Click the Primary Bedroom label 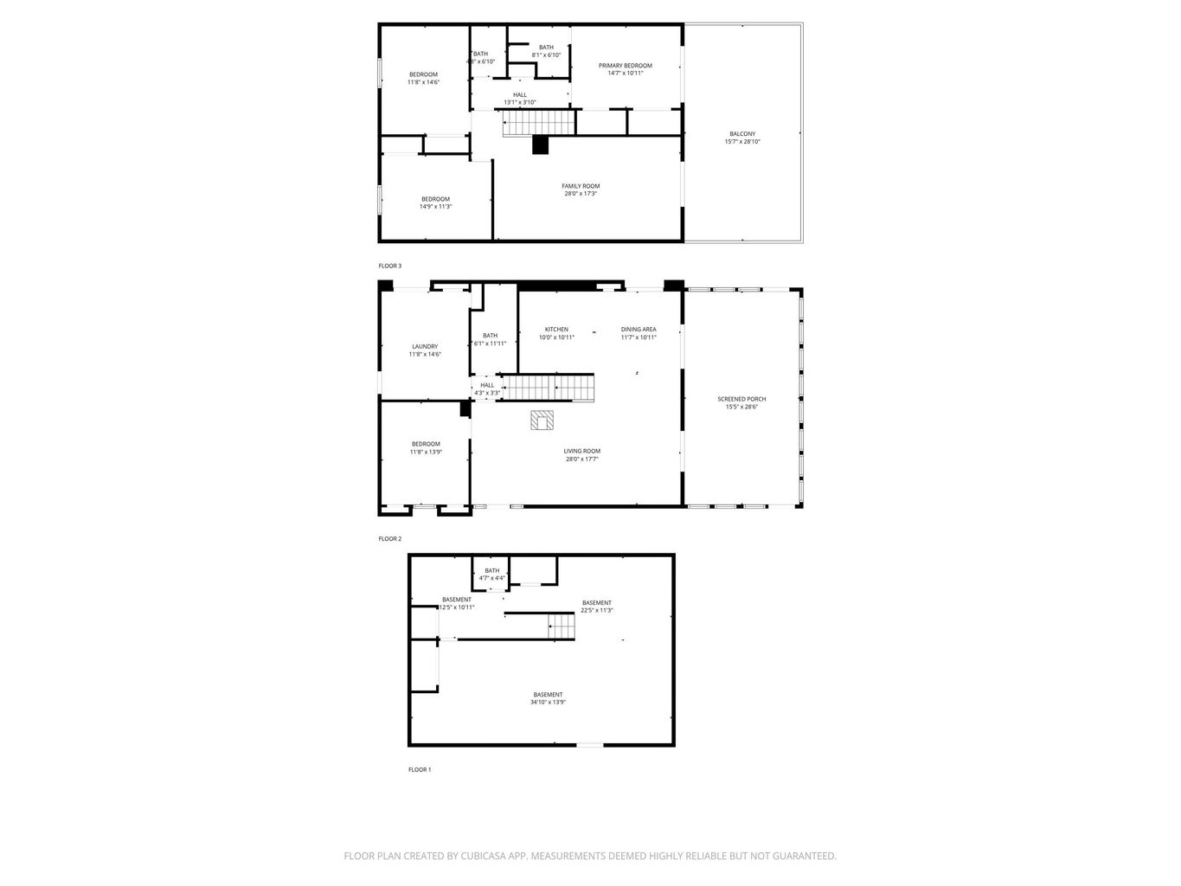coord(625,66)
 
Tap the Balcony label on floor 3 coord(742,134)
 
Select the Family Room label coord(581,186)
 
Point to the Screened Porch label coord(741,399)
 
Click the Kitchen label coord(556,330)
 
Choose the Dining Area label coord(639,330)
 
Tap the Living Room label coord(581,451)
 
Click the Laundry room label coord(425,346)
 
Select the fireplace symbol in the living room coord(542,420)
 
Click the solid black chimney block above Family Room coord(541,144)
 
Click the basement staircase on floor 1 coord(562,626)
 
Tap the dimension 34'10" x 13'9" coord(548,703)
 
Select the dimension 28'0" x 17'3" coord(581,194)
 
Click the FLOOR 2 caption coord(390,538)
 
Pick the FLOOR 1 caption coord(420,769)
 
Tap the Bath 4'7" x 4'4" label coord(491,571)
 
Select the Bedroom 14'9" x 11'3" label coord(435,199)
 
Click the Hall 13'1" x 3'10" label coord(520,95)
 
